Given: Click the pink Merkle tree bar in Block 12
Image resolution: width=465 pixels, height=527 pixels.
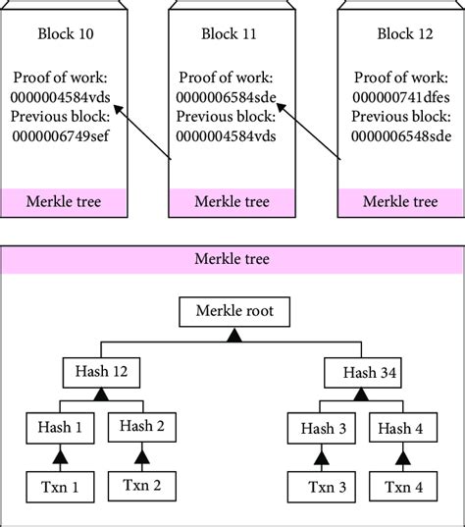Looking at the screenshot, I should click(x=400, y=202).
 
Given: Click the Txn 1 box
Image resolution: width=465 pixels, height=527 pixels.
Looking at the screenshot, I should click(x=61, y=485).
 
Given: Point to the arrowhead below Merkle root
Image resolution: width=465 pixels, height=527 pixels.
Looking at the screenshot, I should click(x=234, y=336).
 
